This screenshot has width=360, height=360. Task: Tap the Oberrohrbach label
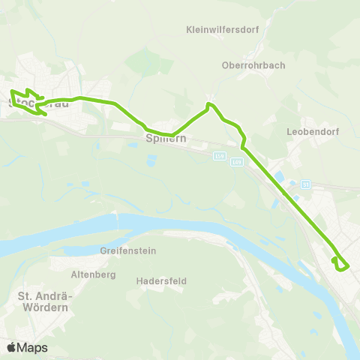click(x=253, y=65)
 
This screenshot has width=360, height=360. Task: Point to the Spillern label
click(x=165, y=139)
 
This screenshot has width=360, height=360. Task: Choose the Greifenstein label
click(x=127, y=250)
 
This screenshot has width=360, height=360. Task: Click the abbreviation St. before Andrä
click(x=26, y=296)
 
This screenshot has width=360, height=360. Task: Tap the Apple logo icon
click(x=11, y=347)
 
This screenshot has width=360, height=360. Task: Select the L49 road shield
click(x=238, y=161)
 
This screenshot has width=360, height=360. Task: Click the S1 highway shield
click(x=305, y=184)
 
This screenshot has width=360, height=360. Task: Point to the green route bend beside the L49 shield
click(x=243, y=146)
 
